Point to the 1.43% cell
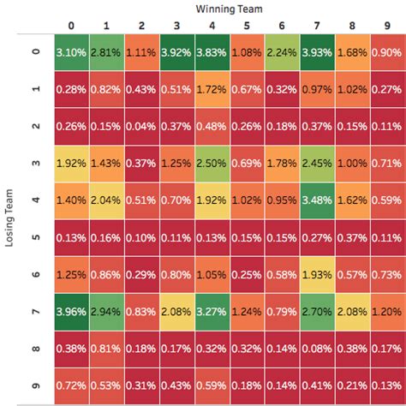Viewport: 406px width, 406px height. coord(107,162)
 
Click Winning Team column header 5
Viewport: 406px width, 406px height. coord(247,25)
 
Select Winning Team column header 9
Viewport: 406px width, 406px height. coord(386,25)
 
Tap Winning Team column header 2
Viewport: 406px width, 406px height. coord(142,25)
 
